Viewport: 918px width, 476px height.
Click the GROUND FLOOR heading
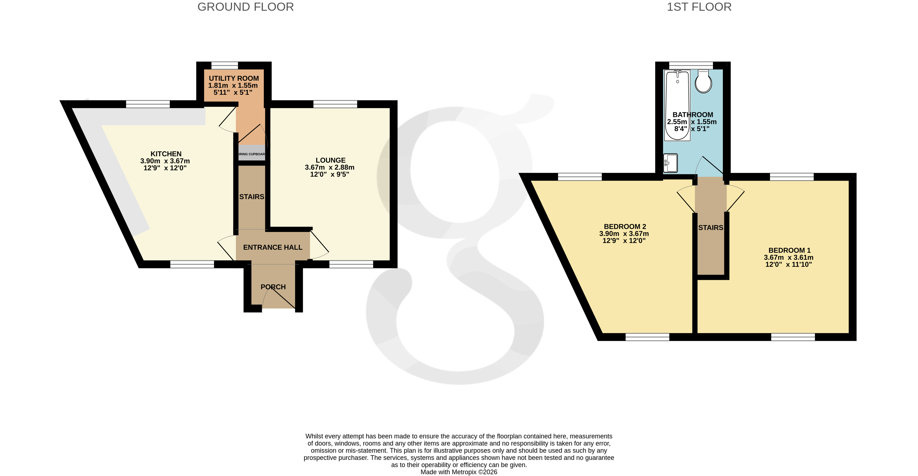pyautogui.click(x=246, y=7)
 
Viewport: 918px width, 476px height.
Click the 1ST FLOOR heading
pyautogui.click(x=699, y=7)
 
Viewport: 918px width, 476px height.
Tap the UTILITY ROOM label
pyautogui.click(x=234, y=78)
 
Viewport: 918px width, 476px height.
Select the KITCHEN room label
pyautogui.click(x=166, y=154)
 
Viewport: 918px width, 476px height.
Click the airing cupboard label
pyautogui.click(x=252, y=154)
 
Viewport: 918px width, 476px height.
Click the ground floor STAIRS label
pyautogui.click(x=252, y=197)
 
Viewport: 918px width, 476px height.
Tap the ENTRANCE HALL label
pyautogui.click(x=273, y=247)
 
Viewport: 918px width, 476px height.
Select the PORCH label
pyautogui.click(x=273, y=287)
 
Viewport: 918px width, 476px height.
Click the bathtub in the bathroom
pyautogui.click(x=677, y=100)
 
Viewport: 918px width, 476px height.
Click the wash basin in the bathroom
pyautogui.click(x=670, y=163)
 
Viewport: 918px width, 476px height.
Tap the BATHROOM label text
pyautogui.click(x=692, y=115)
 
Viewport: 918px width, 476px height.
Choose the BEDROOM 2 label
pyautogui.click(x=625, y=226)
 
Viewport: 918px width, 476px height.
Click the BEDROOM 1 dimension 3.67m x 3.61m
pyautogui.click(x=788, y=257)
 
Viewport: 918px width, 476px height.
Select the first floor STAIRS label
pyautogui.click(x=711, y=228)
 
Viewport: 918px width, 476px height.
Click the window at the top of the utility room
pyautogui.click(x=224, y=65)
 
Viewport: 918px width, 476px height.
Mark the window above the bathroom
pyautogui.click(x=691, y=65)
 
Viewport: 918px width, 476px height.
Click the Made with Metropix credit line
pyautogui.click(x=459, y=472)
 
